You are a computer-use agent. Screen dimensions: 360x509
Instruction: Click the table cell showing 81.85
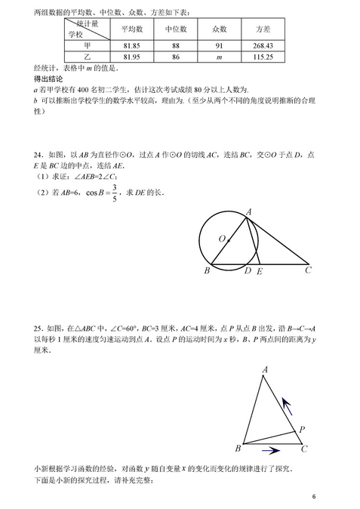click(133, 45)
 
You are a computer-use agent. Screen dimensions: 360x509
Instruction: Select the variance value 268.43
click(263, 45)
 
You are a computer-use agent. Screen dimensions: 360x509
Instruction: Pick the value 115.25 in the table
click(263, 57)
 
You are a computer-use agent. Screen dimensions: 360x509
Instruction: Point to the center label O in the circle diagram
click(223, 239)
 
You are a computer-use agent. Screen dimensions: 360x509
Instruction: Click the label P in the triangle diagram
click(301, 429)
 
